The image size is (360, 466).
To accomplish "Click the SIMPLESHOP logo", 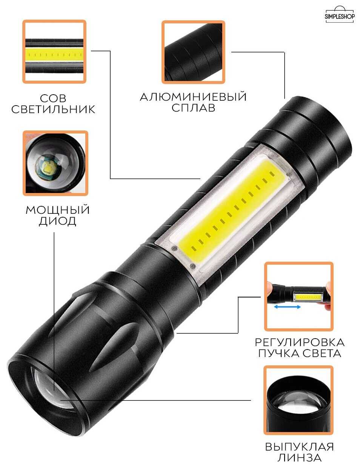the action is [x=340, y=14].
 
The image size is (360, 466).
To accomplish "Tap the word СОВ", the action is [x=53, y=98].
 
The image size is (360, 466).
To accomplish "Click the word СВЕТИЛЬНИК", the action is [x=53, y=109].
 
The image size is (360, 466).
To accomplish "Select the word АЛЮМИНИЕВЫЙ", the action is [x=193, y=97].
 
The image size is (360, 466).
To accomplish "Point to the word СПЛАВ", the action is [x=193, y=107].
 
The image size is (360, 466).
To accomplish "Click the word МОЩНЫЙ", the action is [x=57, y=210].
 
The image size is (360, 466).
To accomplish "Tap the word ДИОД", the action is [x=57, y=221].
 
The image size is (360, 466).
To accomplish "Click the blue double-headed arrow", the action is [x=287, y=307].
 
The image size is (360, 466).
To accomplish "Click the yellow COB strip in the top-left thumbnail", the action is [x=54, y=54].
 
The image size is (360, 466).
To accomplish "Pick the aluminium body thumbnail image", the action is [x=193, y=52].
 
